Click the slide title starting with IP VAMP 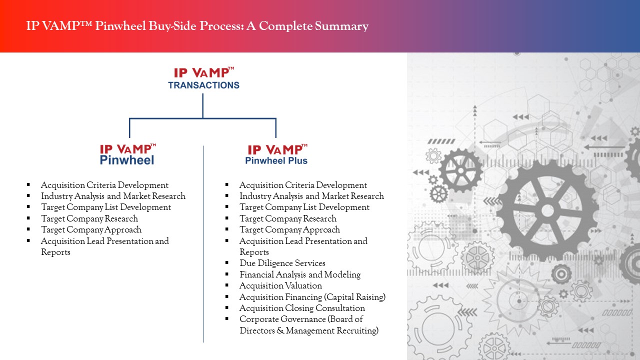[x=197, y=26]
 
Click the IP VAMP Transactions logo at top [x=203, y=78]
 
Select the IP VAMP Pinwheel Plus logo [x=277, y=154]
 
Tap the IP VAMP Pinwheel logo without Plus [x=127, y=154]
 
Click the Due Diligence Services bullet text [x=282, y=263]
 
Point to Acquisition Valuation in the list [x=280, y=285]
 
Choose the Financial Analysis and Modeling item [x=299, y=274]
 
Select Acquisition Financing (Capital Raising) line [x=312, y=297]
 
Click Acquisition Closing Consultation [x=302, y=308]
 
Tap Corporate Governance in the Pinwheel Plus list [x=301, y=319]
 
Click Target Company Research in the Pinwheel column [x=89, y=218]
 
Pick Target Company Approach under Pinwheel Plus [x=289, y=229]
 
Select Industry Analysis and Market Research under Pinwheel [x=113, y=196]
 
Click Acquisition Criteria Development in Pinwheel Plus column [x=303, y=185]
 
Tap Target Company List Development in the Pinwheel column [x=106, y=207]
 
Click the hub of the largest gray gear [x=547, y=210]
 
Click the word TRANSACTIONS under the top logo [x=203, y=85]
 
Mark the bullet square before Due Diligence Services [x=227, y=263]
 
